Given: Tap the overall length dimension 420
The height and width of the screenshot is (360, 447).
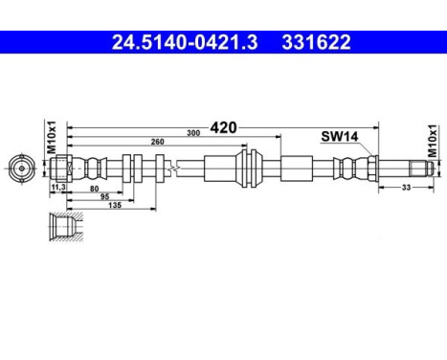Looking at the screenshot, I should coord(223,125).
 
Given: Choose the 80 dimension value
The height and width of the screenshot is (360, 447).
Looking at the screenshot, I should coord(93,189).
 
